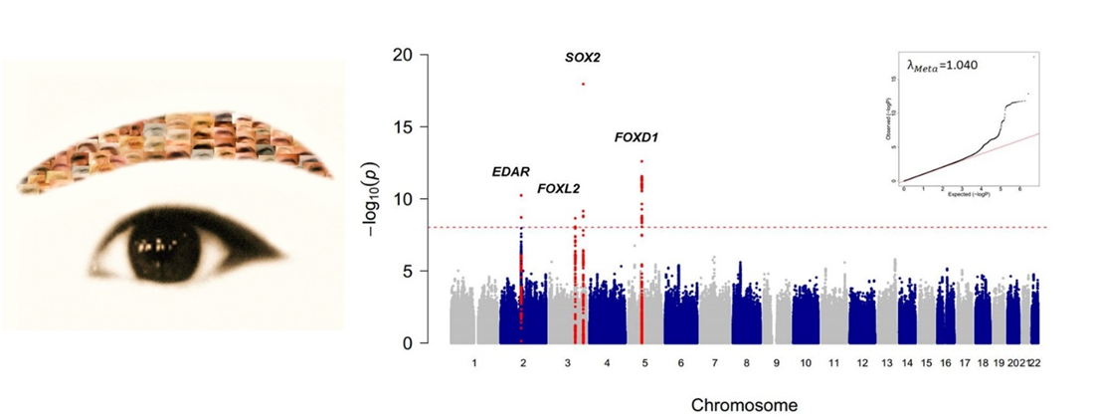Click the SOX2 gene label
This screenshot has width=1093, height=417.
(583, 58)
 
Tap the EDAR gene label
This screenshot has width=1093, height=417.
(510, 172)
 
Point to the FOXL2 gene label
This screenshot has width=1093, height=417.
(558, 188)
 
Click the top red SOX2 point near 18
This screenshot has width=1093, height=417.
(583, 84)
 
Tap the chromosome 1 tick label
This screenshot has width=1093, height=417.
(474, 364)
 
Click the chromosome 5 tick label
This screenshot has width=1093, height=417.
(644, 364)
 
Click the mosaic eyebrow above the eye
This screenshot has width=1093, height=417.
(169, 144)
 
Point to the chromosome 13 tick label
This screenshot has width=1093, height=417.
(887, 364)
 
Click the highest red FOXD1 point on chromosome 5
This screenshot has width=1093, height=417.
(641, 161)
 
